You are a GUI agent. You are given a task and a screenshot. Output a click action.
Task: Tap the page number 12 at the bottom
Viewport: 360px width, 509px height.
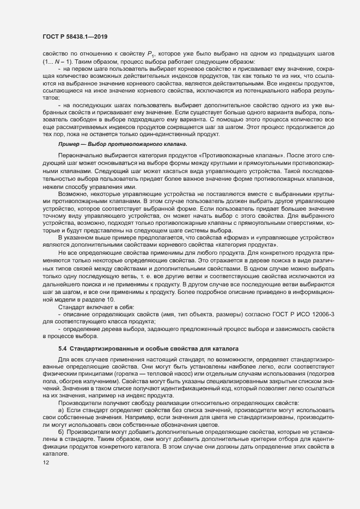point(39,477)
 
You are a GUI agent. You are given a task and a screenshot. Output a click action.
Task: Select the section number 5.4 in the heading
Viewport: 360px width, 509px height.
point(62,347)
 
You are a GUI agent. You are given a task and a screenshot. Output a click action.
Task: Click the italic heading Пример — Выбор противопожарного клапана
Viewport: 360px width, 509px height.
point(123,144)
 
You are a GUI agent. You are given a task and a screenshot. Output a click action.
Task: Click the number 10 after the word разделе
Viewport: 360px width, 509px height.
point(111,301)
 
